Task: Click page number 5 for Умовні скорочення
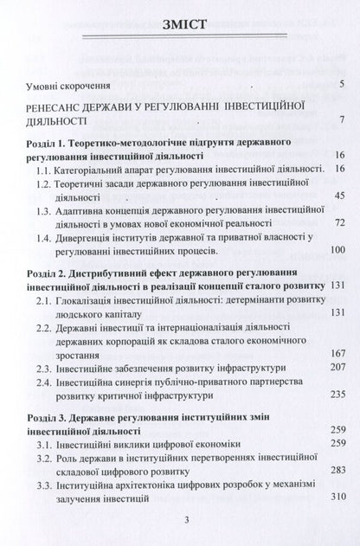coord(344,85)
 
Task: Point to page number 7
coord(344,119)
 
